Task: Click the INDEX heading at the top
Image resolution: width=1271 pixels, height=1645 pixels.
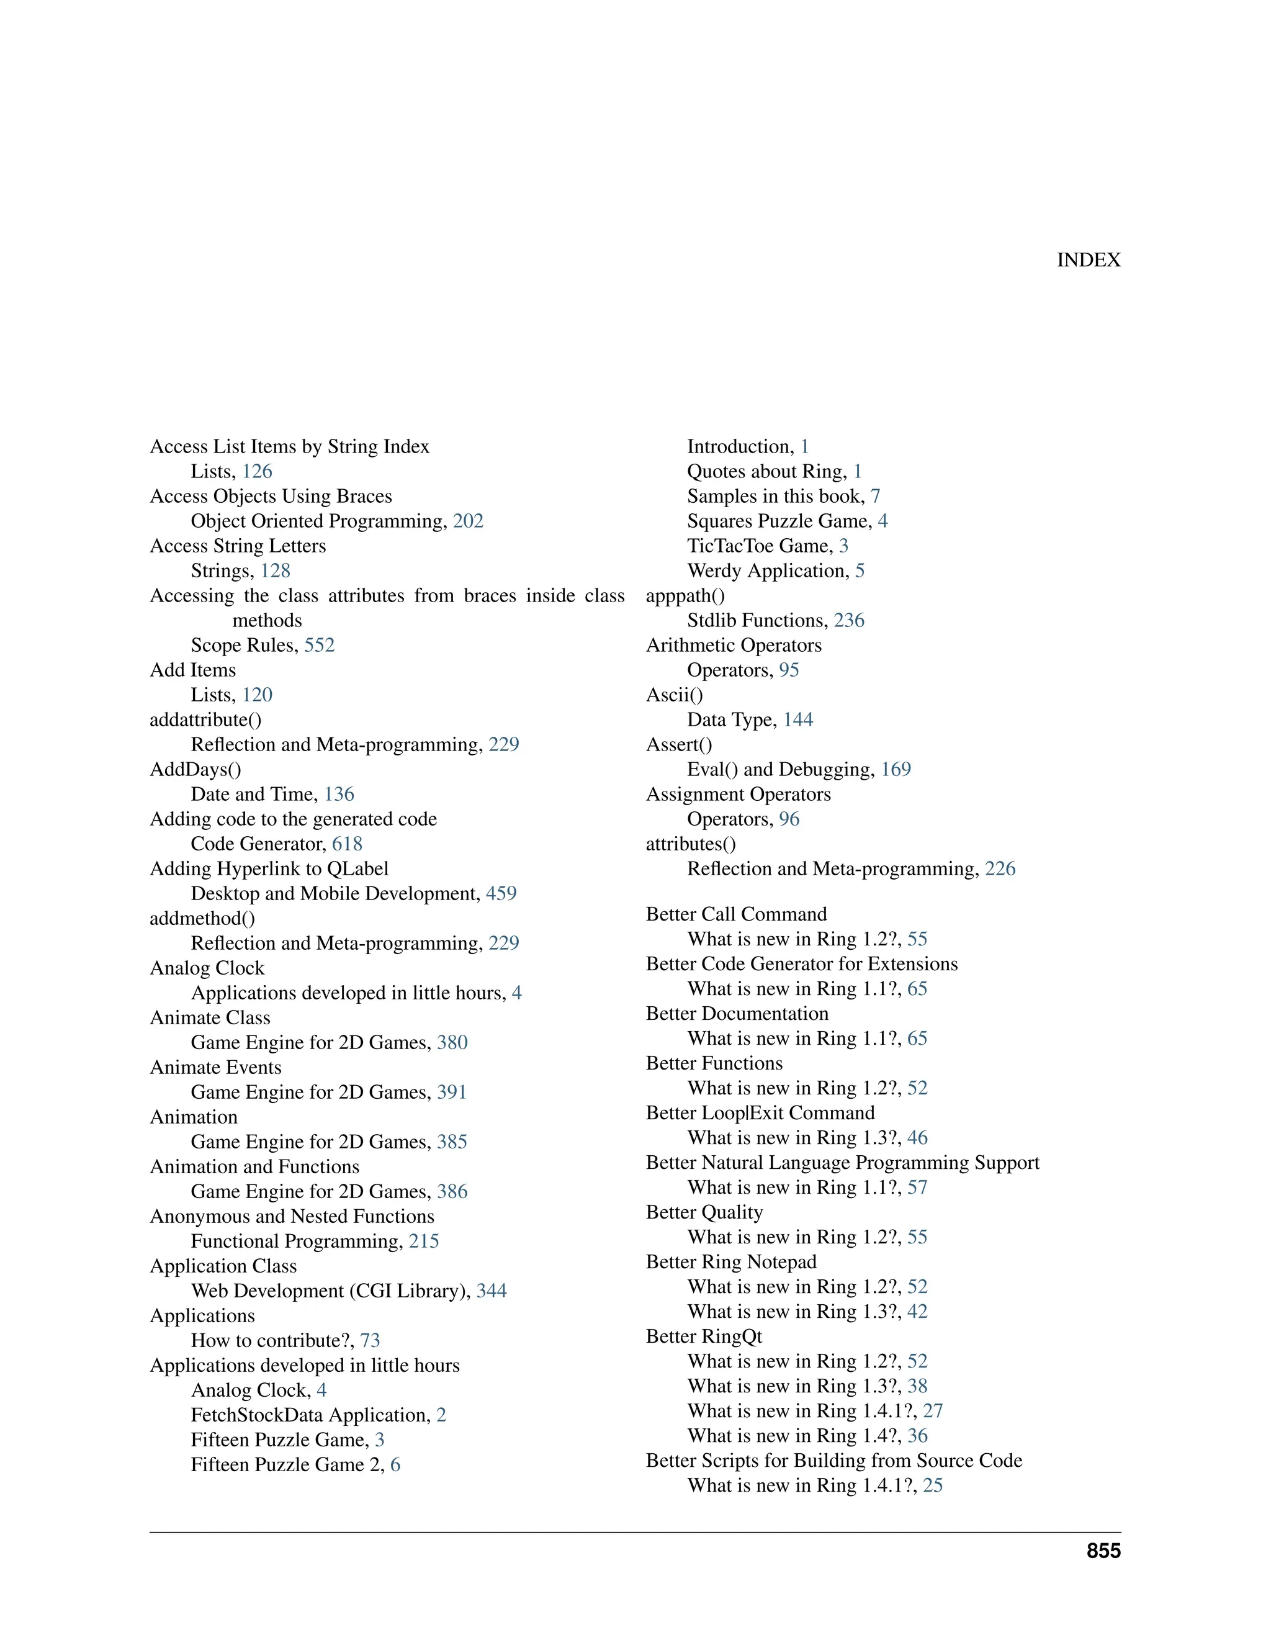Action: pyautogui.click(x=1088, y=260)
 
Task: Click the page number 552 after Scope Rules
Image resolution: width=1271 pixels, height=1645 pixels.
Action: pyautogui.click(x=319, y=646)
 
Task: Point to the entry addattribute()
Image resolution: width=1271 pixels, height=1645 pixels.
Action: pyautogui.click(x=205, y=720)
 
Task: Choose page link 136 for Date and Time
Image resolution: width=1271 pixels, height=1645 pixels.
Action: pyautogui.click(x=339, y=795)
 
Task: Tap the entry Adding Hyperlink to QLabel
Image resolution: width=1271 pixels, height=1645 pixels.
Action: pyautogui.click(x=269, y=869)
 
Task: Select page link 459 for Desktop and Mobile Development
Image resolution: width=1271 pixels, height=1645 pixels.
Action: pyautogui.click(x=501, y=894)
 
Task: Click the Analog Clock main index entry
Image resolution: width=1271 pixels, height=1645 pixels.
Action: pyautogui.click(x=207, y=968)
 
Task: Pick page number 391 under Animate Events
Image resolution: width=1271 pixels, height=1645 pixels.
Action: pyautogui.click(x=452, y=1093)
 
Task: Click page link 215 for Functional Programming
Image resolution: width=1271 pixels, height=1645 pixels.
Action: pyautogui.click(x=424, y=1242)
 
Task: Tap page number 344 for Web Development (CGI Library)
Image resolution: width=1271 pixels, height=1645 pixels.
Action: pyautogui.click(x=492, y=1292)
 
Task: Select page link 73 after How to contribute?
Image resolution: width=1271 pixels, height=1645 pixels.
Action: pyautogui.click(x=370, y=1341)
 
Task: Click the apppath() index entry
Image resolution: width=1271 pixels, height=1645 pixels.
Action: pyautogui.click(x=685, y=596)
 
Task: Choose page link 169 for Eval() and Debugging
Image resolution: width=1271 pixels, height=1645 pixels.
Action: pyautogui.click(x=896, y=770)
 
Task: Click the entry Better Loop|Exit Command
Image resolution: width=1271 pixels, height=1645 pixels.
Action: pyautogui.click(x=760, y=1113)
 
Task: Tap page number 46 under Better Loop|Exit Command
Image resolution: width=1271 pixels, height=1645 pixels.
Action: pyautogui.click(x=917, y=1138)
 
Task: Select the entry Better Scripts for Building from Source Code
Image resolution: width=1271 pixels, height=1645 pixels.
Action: pyautogui.click(x=833, y=1461)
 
